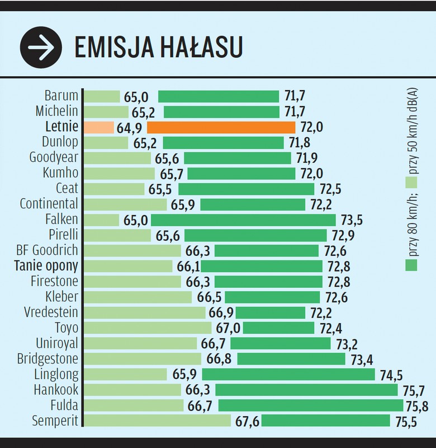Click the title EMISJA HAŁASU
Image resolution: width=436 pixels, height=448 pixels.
pyautogui.click(x=159, y=48)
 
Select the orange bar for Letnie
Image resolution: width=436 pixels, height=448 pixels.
pyautogui.click(x=221, y=127)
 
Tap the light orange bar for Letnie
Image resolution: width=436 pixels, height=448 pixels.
pyautogui.click(x=98, y=127)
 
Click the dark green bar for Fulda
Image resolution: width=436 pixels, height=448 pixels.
pyautogui.click(x=310, y=405)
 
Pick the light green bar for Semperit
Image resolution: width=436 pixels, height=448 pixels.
pyautogui.click(x=157, y=421)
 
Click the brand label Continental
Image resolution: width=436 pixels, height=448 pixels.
pyautogui.click(x=49, y=204)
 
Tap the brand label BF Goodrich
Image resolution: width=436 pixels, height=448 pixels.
pyautogui.click(x=48, y=250)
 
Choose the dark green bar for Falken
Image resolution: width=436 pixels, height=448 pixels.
pyautogui.click(x=243, y=220)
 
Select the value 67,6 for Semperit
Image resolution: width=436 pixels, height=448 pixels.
pyautogui.click(x=246, y=421)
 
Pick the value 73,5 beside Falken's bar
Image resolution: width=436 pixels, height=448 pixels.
pyautogui.click(x=351, y=220)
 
